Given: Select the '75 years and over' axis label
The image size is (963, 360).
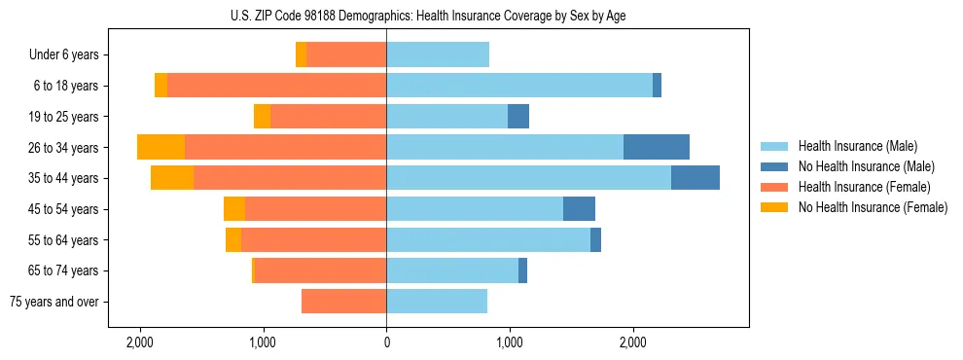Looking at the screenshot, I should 54,302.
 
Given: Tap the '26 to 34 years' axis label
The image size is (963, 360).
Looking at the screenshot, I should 65,148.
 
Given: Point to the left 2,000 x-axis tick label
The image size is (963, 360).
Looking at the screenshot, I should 140,342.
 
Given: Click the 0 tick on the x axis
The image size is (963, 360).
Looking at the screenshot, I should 386,342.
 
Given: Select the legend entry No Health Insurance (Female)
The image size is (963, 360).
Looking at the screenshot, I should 873,207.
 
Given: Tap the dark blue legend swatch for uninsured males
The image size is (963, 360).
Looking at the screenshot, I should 774,166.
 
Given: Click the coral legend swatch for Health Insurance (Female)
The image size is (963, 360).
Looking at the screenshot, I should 774,187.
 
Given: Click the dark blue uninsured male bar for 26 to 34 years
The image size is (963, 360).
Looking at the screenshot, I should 656,147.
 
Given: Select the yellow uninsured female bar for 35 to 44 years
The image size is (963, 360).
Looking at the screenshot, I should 172,178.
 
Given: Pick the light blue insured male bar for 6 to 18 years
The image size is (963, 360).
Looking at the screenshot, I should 519,86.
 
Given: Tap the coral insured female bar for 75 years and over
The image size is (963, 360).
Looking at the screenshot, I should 343,302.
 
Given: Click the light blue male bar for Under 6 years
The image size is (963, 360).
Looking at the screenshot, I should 438,54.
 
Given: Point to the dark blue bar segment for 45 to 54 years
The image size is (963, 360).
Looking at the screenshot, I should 579,209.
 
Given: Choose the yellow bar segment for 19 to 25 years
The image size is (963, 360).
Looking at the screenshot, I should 262,117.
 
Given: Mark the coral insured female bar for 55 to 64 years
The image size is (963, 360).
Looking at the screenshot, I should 313,240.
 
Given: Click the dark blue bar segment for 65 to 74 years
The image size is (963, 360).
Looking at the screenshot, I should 522,270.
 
